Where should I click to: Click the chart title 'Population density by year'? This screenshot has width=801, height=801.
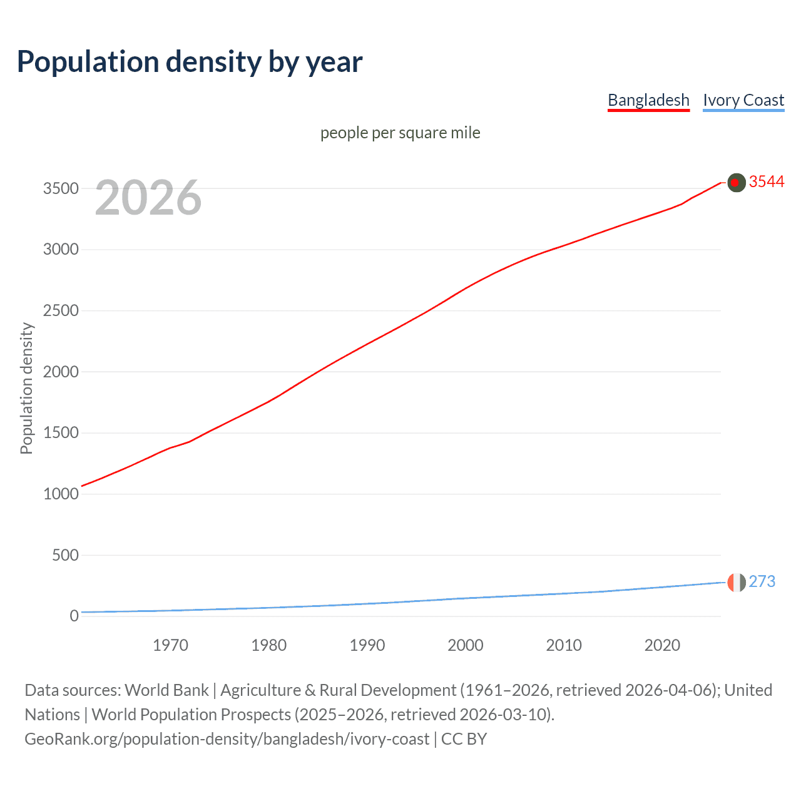point(190,62)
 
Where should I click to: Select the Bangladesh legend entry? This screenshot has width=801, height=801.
point(648,100)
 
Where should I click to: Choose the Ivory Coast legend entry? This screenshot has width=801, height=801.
point(743,100)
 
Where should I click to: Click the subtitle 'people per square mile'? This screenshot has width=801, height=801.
point(400,133)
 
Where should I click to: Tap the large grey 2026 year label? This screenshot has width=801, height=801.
point(148,198)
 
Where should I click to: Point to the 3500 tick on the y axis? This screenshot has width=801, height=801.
point(61,188)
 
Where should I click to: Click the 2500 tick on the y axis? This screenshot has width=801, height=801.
point(61,311)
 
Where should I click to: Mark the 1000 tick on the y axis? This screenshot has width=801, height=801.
point(61,494)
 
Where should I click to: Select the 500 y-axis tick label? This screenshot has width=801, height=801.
point(65,555)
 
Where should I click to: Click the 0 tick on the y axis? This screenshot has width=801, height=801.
point(74,616)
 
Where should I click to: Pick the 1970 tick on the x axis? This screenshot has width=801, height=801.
point(170,645)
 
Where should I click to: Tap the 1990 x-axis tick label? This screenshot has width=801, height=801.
point(367,645)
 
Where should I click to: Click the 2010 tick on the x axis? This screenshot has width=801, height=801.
point(564,645)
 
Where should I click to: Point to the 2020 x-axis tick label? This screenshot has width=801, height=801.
point(662,645)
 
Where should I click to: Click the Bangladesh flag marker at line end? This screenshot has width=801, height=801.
point(737,182)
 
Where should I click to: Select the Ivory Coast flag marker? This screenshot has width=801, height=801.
point(737,582)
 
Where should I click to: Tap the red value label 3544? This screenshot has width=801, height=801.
point(767,181)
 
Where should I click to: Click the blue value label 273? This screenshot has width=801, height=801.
point(762,581)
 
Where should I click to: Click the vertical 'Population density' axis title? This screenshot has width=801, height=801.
point(26,388)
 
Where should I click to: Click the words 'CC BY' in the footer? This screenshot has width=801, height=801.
point(464,739)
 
